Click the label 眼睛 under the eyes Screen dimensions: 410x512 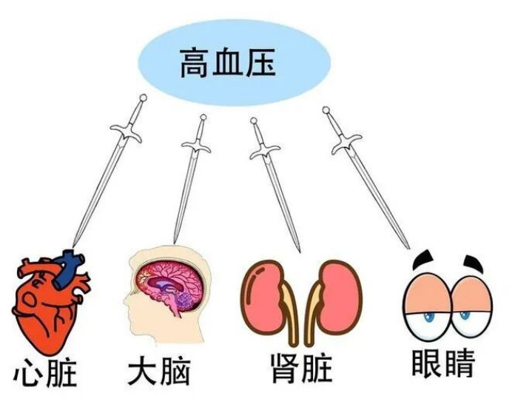(443, 363)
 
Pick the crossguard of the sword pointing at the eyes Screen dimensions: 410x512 (346, 142)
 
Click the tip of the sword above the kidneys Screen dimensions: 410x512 (297, 250)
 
